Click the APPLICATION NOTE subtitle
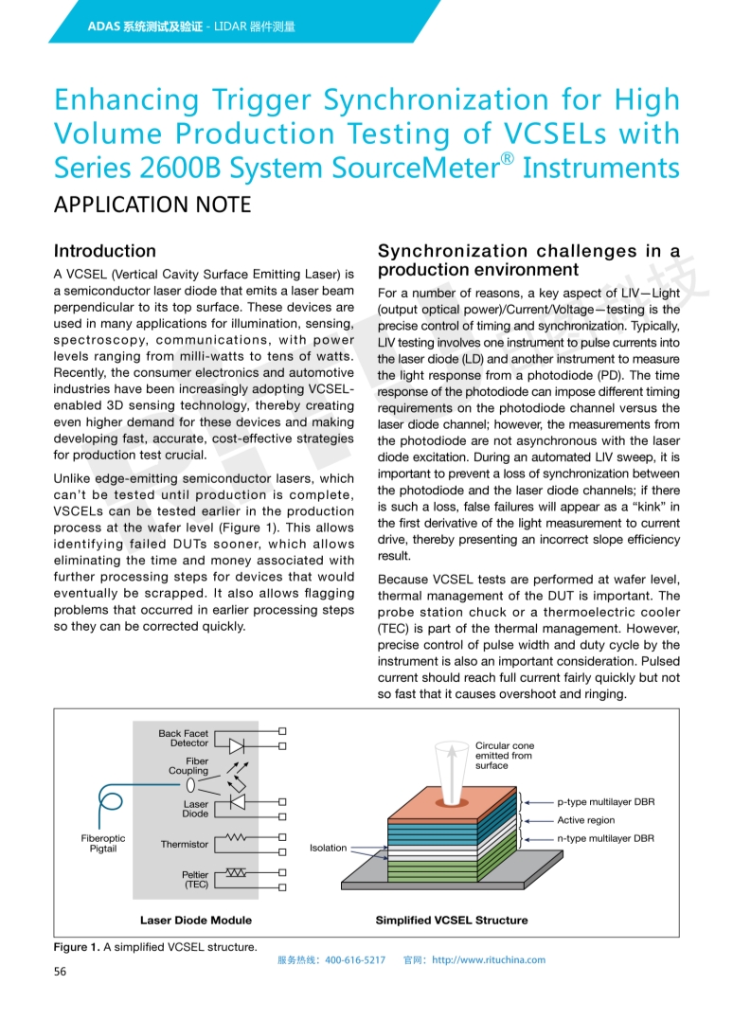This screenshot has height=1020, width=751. click(x=152, y=205)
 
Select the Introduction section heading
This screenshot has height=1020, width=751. click(x=105, y=251)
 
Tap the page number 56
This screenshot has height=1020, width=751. click(x=60, y=972)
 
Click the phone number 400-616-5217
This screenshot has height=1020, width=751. click(x=355, y=959)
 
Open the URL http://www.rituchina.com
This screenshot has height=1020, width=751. click(x=489, y=959)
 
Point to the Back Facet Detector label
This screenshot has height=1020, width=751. click(x=183, y=739)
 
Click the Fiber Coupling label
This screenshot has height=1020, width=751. click(x=188, y=765)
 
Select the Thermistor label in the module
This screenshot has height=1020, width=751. click(x=184, y=844)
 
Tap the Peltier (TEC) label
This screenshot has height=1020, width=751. click(x=195, y=880)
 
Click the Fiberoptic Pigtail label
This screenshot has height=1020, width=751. click(x=103, y=844)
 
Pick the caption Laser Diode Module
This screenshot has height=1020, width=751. click(x=196, y=920)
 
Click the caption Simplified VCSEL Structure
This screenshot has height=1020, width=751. click(x=452, y=920)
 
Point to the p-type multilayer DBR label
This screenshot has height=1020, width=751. click(x=605, y=802)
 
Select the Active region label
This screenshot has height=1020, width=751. click(x=585, y=820)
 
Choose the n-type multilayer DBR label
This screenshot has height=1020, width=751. click(x=605, y=838)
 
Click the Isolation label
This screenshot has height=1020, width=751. click(x=328, y=848)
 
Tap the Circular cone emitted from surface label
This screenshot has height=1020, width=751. click(x=505, y=755)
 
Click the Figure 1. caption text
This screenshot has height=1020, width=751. click(x=154, y=947)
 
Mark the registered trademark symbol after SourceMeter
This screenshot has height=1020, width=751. click(x=508, y=159)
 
